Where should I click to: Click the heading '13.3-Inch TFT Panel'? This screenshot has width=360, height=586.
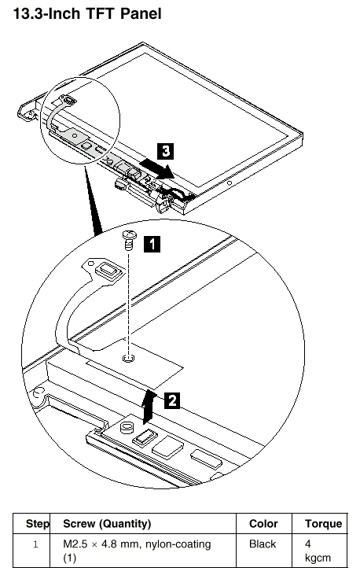pos(87,14)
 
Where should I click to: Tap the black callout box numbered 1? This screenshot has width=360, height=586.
pos(152,244)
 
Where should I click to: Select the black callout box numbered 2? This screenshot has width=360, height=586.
pos(172,400)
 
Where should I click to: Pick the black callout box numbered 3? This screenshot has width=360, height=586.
pos(166,151)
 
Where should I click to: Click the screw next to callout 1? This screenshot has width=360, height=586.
pos(129,241)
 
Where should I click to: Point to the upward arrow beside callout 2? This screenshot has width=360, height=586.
pos(150,407)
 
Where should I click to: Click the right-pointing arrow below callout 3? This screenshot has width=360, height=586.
pos(156,168)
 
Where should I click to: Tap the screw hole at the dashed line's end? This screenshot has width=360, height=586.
pos(128,359)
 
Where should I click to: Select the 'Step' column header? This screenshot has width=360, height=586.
pos(38,524)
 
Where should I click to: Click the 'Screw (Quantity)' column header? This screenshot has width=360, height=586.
pos(107,524)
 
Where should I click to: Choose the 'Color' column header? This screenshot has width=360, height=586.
pos(263,524)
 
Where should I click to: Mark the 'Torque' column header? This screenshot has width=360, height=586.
pos(323,524)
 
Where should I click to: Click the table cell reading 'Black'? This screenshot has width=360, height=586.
pos(263,544)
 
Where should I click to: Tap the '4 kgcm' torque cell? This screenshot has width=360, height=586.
pos(318,551)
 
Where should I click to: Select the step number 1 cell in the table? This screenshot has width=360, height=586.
pos(35,544)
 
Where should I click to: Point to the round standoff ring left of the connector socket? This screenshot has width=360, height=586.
pos(127,426)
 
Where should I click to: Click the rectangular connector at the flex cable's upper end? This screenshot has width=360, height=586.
pos(108,271)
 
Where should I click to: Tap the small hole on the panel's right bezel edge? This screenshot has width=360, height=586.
pos(230,183)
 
